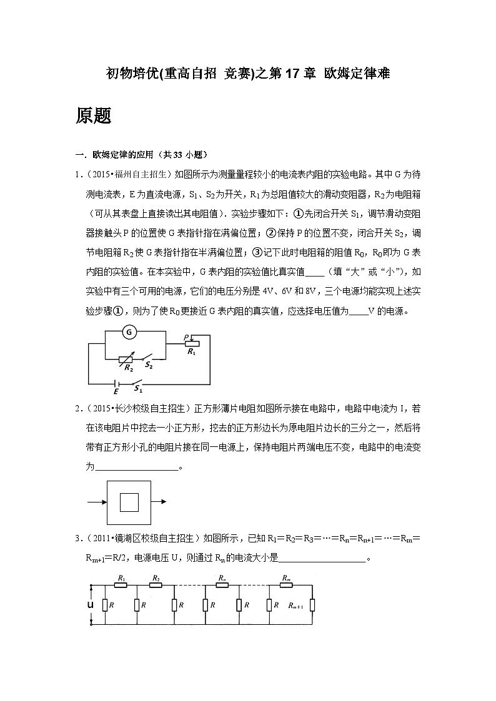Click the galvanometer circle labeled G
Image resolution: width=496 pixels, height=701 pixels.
click(129, 333)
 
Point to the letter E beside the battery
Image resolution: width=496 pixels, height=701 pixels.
click(115, 391)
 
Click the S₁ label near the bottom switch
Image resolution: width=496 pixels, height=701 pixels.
click(138, 389)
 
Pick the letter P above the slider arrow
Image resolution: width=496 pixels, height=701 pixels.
click(186, 336)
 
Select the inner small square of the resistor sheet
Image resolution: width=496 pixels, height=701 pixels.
click(129, 502)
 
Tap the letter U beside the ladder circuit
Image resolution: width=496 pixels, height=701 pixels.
click(91, 605)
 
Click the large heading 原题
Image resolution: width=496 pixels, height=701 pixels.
click(94, 115)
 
